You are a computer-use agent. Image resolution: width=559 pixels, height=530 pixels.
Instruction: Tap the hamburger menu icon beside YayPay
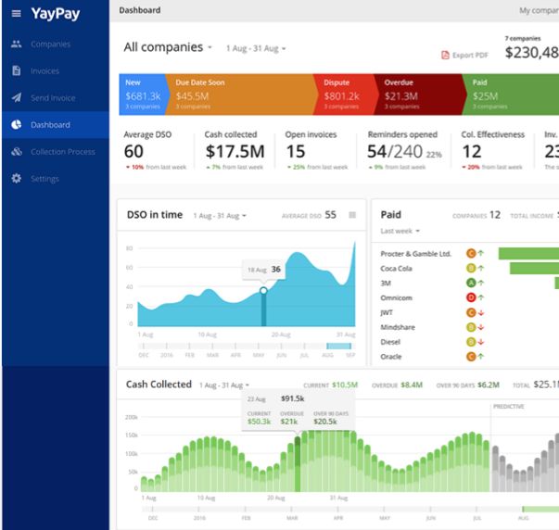(x=15, y=14)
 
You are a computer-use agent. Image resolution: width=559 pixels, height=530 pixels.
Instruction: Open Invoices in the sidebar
(x=44, y=70)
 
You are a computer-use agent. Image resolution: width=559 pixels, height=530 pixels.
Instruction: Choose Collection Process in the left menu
(x=62, y=152)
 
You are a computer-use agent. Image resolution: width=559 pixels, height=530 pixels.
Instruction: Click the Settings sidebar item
(x=44, y=179)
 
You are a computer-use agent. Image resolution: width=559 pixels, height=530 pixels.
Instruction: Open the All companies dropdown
(x=168, y=47)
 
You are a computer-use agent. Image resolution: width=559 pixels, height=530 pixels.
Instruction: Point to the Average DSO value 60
(x=133, y=151)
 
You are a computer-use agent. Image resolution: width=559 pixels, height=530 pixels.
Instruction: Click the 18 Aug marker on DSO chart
(x=263, y=290)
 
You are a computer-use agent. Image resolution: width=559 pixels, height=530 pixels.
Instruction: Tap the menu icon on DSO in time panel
(x=352, y=215)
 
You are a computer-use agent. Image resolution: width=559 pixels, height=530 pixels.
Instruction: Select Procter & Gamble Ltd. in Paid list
(x=415, y=253)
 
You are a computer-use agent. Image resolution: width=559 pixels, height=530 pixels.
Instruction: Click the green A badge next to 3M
(x=471, y=283)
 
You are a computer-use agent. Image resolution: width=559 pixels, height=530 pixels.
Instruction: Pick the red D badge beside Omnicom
(x=471, y=297)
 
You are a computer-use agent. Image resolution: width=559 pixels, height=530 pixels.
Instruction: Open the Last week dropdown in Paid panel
(x=400, y=231)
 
